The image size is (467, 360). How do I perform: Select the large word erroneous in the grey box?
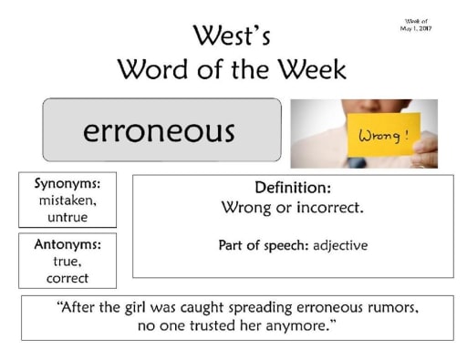click(160, 130)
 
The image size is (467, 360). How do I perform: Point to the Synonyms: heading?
click(67, 183)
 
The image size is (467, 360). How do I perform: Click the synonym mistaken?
click(67, 200)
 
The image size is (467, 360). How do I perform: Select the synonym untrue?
click(67, 217)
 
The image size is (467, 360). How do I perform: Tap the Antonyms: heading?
click(67, 244)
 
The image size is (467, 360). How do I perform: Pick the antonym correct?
click(67, 278)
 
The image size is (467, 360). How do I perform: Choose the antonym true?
click(67, 262)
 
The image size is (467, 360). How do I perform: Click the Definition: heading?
click(293, 188)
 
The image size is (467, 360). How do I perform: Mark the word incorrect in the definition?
click(330, 207)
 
